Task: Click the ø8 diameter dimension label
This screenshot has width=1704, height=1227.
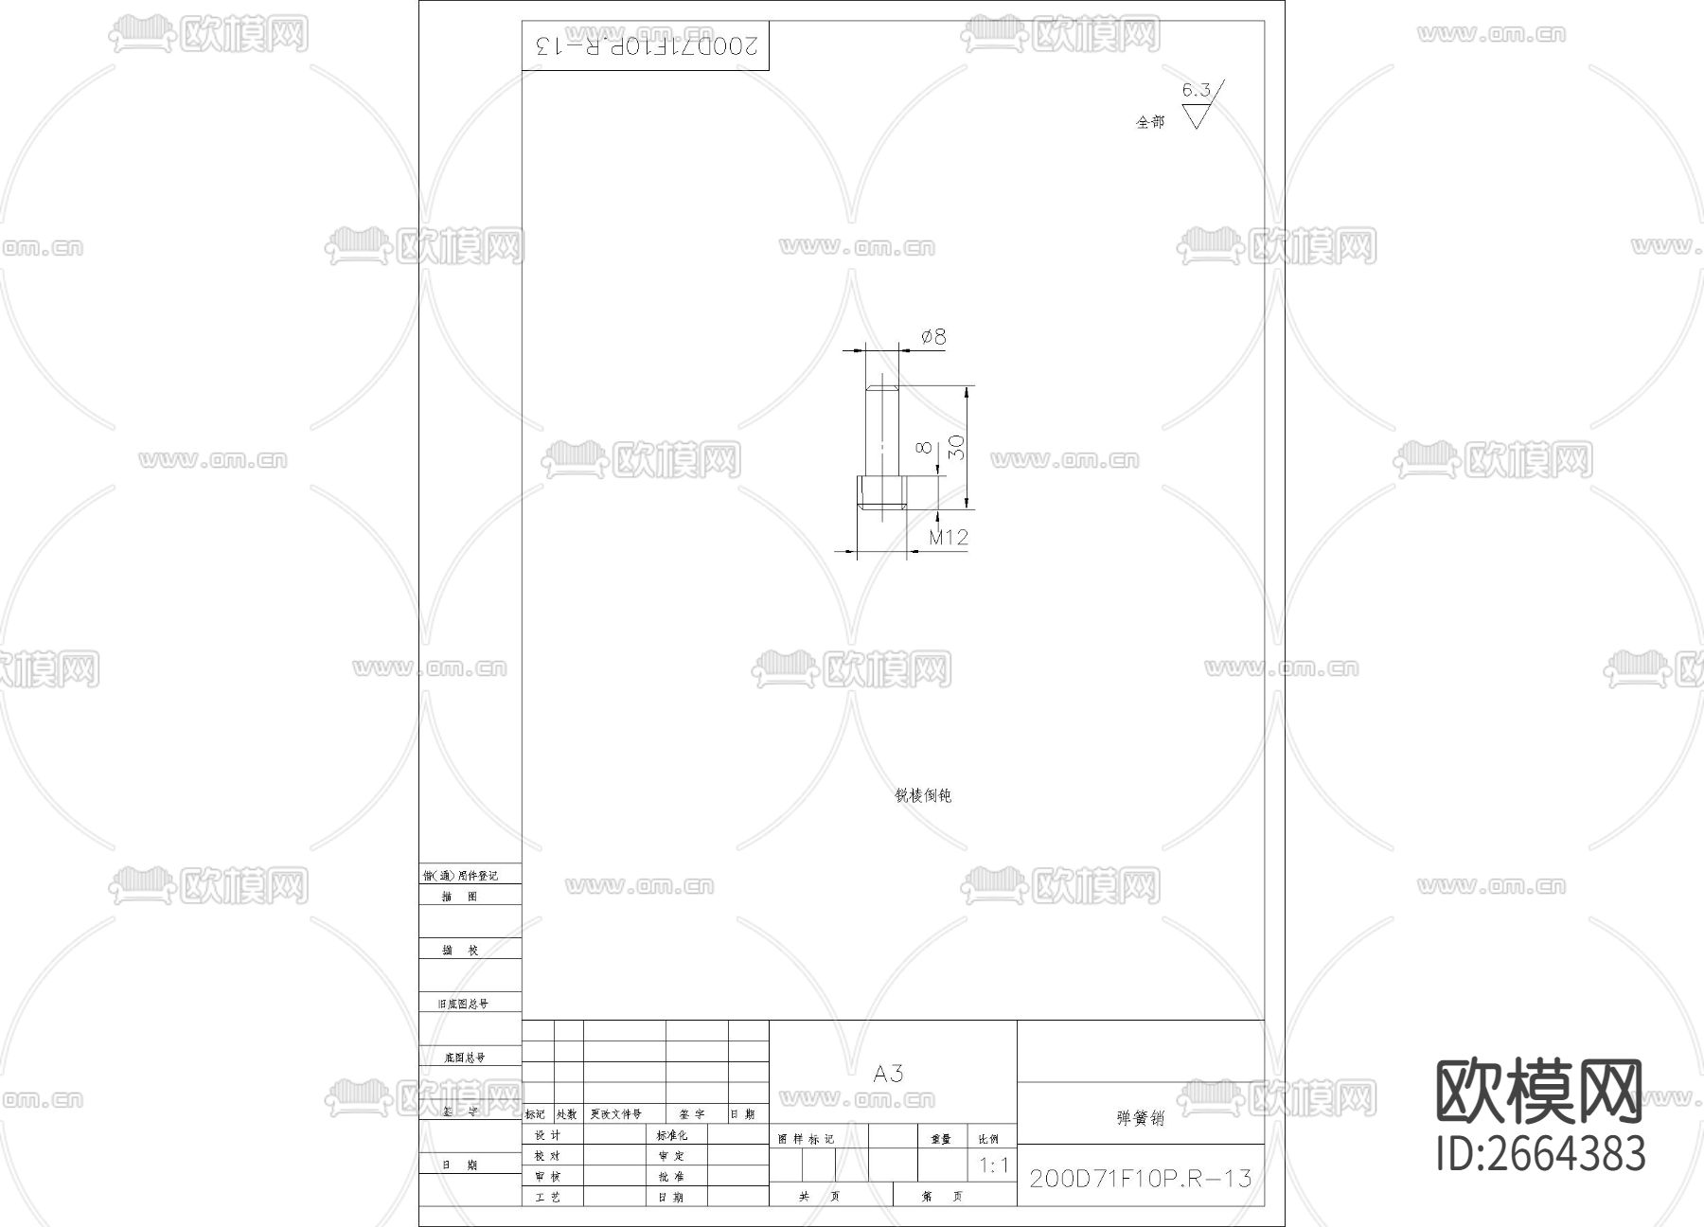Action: [933, 337]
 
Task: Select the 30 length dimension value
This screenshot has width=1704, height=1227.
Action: [957, 447]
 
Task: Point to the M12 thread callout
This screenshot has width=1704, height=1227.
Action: [948, 538]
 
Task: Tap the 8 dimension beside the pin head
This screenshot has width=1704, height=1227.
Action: [925, 447]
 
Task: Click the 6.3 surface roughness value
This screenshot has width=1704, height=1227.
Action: [1196, 91]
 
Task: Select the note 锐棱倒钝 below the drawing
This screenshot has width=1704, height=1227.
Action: [923, 795]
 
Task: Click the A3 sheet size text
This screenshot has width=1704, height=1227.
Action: [888, 1074]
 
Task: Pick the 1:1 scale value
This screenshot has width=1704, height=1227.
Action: [994, 1165]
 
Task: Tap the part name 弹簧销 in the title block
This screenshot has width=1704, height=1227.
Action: [1140, 1118]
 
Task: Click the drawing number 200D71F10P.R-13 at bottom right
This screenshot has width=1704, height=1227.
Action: [1140, 1179]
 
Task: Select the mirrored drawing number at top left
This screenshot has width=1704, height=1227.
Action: [646, 45]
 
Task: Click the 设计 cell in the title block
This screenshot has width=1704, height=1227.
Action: [548, 1135]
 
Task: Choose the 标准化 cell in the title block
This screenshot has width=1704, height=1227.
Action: [672, 1135]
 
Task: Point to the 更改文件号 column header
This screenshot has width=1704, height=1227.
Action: [616, 1114]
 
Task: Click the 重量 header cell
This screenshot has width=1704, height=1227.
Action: [941, 1139]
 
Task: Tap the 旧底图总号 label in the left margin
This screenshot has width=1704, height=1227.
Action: [463, 1004]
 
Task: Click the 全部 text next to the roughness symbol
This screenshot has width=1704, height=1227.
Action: [1150, 122]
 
